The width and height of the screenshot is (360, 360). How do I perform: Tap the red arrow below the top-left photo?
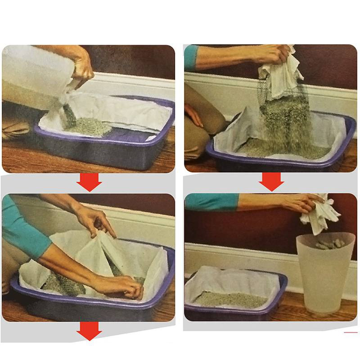click(89, 182)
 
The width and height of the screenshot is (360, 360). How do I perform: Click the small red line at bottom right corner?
click(350, 333)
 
